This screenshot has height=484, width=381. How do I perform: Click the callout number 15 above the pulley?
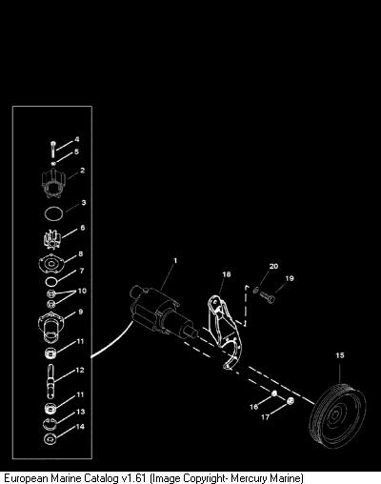pos(340,355)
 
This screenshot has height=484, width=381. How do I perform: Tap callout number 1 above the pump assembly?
pos(175,261)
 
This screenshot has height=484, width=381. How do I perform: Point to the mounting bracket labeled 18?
pos(225,332)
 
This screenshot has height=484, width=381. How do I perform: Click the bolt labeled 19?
pos(267,297)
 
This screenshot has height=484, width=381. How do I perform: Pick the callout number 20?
pos(273,266)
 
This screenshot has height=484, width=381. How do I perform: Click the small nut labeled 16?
pos(274,393)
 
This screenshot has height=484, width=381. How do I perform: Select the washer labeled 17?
pos(290,401)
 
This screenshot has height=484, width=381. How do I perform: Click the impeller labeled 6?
pos(51,239)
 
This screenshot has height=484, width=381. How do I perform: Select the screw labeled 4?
pos(52,149)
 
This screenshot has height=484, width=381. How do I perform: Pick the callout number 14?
pos(81,427)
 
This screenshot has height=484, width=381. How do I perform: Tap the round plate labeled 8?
pos(51,264)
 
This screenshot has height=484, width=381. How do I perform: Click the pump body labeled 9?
pos(50,327)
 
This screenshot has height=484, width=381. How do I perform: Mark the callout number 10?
pos(82,291)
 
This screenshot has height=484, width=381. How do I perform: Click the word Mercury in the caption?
pos(250,478)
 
